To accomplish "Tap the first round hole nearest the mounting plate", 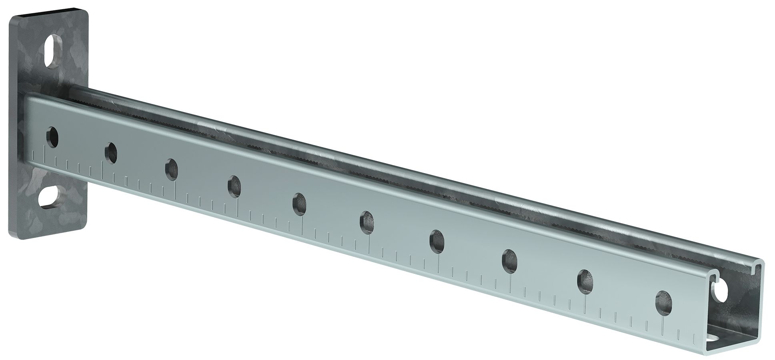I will click(x=52, y=137).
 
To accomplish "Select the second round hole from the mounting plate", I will click(x=111, y=152).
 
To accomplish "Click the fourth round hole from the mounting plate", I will click(x=235, y=186).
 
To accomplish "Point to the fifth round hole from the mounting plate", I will click(x=299, y=203).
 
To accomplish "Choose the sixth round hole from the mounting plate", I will click(x=367, y=221).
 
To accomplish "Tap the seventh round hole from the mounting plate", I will click(x=437, y=240).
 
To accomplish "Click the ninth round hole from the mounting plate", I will click(x=585, y=280).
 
